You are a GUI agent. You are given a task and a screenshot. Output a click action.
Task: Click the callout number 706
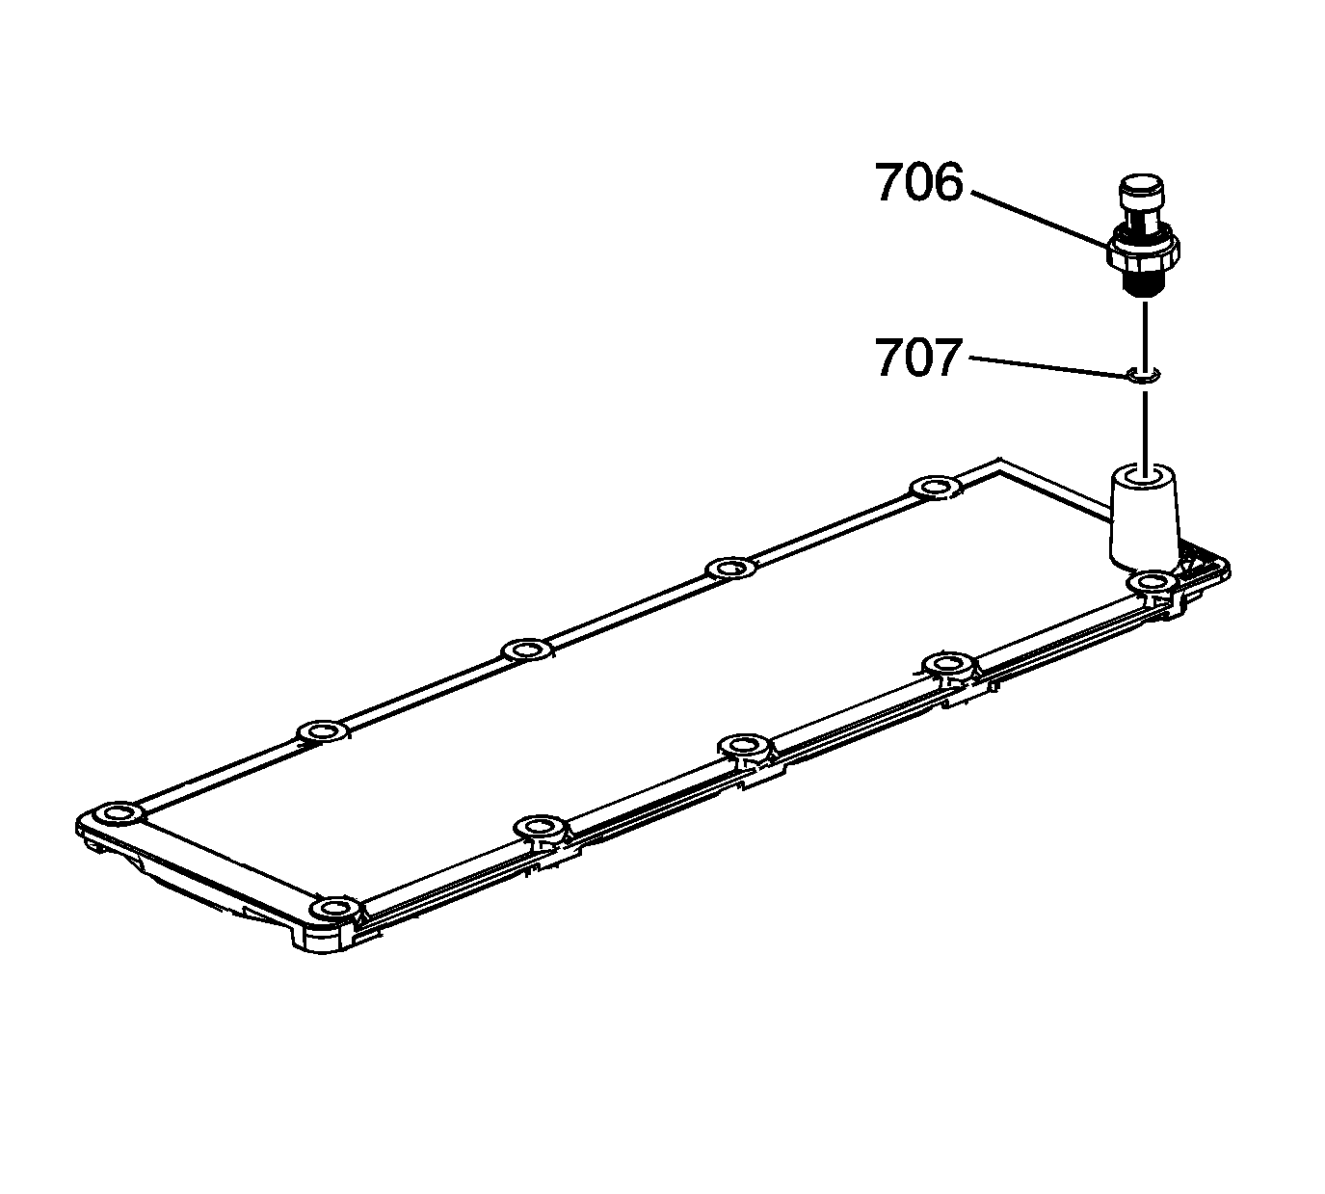pos(919,182)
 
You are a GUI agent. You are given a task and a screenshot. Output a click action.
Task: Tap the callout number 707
pos(917,358)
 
